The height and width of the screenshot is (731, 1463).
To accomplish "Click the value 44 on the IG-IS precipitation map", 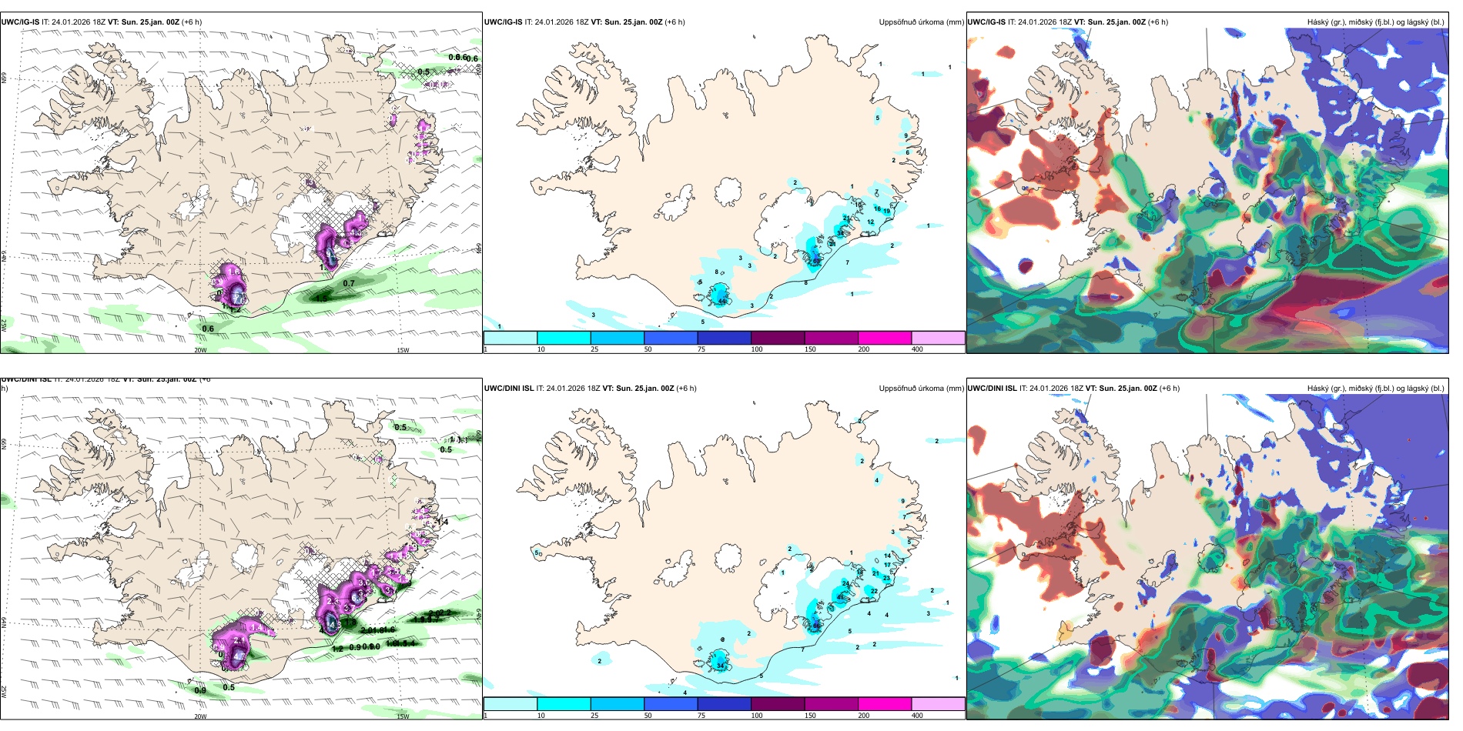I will [x=722, y=301].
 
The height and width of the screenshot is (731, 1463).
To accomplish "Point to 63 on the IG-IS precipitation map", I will [x=816, y=261].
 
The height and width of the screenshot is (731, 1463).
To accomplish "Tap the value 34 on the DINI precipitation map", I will [x=720, y=665].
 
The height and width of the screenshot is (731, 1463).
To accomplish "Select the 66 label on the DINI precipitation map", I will [x=816, y=626].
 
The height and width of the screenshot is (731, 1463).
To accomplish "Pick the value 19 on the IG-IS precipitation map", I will [x=886, y=211].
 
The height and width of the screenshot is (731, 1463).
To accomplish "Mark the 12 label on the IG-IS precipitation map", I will [x=871, y=222].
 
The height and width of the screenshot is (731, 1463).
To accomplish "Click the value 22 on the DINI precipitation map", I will [x=874, y=591].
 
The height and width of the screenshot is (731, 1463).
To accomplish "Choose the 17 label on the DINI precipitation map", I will [x=887, y=565].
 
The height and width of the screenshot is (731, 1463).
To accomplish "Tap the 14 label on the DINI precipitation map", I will [x=887, y=556].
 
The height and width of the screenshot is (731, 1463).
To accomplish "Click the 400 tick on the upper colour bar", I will [x=917, y=349].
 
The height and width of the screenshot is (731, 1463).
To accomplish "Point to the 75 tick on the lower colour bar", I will [x=701, y=716].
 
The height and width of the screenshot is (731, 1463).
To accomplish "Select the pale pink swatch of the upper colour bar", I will [x=938, y=338].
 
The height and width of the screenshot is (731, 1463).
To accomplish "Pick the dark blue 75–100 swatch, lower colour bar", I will [x=724, y=704].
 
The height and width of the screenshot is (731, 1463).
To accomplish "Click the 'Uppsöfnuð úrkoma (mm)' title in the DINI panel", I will [x=921, y=389].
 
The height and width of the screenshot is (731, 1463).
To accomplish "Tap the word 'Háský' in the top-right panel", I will [x=1297, y=22].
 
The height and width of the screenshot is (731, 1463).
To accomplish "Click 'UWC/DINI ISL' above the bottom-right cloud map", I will [x=992, y=389].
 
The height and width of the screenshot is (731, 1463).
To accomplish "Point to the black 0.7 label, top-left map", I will [x=349, y=283].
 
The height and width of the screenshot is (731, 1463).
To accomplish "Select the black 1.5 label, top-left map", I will [x=321, y=297].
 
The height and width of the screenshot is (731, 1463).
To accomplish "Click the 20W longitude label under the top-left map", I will [x=200, y=350].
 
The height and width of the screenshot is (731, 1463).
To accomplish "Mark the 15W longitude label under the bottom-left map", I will [x=402, y=716].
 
